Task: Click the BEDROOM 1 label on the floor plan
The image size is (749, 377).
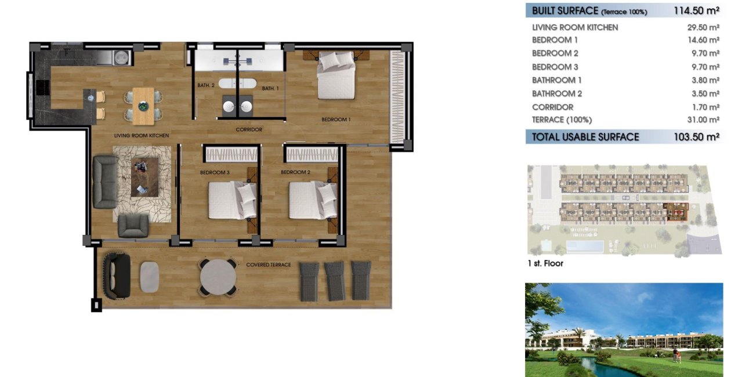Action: (x=336, y=120)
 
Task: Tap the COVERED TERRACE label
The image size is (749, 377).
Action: (x=268, y=265)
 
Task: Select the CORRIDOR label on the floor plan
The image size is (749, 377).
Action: (x=249, y=129)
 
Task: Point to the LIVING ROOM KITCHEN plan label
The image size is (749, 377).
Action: (x=141, y=136)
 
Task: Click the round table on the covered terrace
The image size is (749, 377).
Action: (x=218, y=276)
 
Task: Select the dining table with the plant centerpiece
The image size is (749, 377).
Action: (x=143, y=106)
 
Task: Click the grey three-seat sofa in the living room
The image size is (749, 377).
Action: (x=105, y=182)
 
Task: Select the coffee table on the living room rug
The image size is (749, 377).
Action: (x=143, y=177)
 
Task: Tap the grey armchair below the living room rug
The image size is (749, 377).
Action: (x=133, y=226)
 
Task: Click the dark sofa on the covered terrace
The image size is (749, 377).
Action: (x=116, y=276)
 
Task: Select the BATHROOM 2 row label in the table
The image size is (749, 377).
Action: (x=556, y=93)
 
